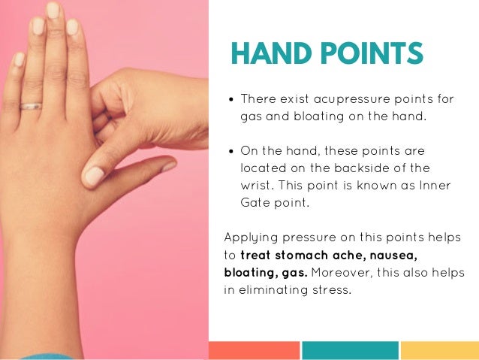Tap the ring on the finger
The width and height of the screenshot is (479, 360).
tap(31, 106)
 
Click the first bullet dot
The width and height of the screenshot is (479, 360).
tap(232, 99)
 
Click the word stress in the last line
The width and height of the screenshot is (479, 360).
tap(333, 289)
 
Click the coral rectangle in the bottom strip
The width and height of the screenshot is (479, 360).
tap(253, 350)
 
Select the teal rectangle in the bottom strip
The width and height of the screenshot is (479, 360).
tap(350, 350)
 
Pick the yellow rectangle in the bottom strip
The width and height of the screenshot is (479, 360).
tap(439, 350)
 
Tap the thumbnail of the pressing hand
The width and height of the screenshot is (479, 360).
tap(93, 175)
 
